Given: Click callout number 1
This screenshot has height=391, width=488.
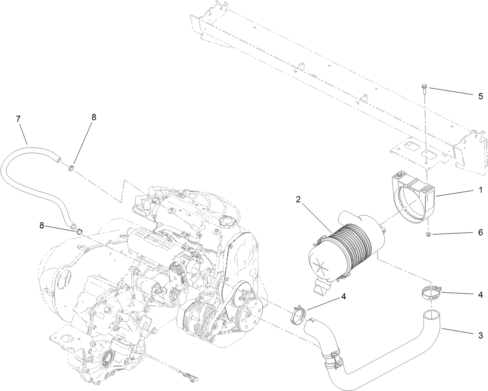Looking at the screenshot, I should pos(480,190).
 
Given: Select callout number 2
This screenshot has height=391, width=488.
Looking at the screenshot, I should pos(298,200).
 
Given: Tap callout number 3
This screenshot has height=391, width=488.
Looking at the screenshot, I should pos(480,335).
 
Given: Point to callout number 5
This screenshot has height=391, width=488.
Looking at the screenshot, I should pos(480,95).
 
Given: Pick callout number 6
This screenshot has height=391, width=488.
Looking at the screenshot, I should pos(480,233).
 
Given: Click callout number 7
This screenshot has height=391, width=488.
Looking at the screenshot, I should pos(18,119).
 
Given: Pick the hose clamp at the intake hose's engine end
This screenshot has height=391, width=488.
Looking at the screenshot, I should pos(299,313).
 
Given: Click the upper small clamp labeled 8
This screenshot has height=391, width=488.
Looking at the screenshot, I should pos(71,168).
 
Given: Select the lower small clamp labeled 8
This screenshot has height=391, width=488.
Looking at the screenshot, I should pos(80,232).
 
